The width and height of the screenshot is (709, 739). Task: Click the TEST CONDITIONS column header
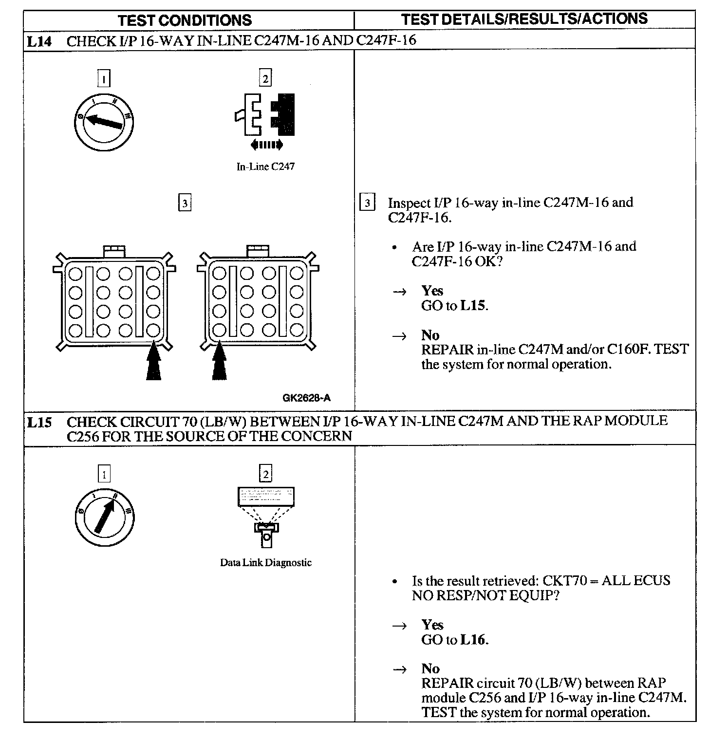[185, 20]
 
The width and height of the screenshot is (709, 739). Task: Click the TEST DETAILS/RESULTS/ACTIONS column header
[524, 19]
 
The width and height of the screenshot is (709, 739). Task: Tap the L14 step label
[38, 41]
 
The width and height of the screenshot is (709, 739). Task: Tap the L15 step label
[38, 422]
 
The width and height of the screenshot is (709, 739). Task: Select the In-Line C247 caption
[265, 166]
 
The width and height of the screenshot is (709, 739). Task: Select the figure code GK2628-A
[306, 398]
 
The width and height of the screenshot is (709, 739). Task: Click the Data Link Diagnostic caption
[265, 563]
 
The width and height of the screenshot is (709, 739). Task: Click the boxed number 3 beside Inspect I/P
[368, 203]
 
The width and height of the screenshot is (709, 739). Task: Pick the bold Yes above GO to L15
[432, 291]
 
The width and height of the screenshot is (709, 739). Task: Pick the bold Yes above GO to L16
[432, 625]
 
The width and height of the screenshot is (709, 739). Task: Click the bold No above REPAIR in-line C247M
[430, 335]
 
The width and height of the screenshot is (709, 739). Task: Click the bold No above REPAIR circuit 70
[430, 668]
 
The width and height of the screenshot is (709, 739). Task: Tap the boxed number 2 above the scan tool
[266, 474]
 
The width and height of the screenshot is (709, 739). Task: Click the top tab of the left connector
[114, 251]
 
